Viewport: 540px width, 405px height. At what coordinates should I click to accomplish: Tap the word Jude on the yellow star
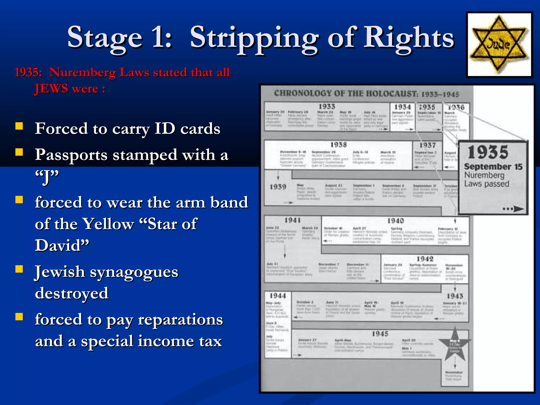click(499, 45)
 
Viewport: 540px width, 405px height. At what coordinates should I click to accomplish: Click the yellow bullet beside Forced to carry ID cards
click(19, 126)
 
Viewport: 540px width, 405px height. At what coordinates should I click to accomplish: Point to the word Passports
click(71, 155)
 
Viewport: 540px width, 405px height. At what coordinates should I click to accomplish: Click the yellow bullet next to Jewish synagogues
click(19, 269)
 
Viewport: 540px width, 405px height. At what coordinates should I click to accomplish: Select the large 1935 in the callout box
click(488, 152)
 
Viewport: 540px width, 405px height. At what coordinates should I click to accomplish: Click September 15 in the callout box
click(493, 167)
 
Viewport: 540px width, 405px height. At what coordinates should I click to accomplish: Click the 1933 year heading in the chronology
click(327, 107)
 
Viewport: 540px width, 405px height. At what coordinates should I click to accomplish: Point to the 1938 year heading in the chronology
click(339, 145)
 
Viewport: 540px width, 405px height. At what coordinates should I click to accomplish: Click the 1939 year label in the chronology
click(278, 187)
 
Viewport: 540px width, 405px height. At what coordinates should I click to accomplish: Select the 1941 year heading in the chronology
click(292, 220)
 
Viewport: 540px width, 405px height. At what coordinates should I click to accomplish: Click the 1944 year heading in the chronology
click(277, 296)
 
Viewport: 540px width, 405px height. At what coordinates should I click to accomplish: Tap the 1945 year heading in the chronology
click(380, 334)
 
